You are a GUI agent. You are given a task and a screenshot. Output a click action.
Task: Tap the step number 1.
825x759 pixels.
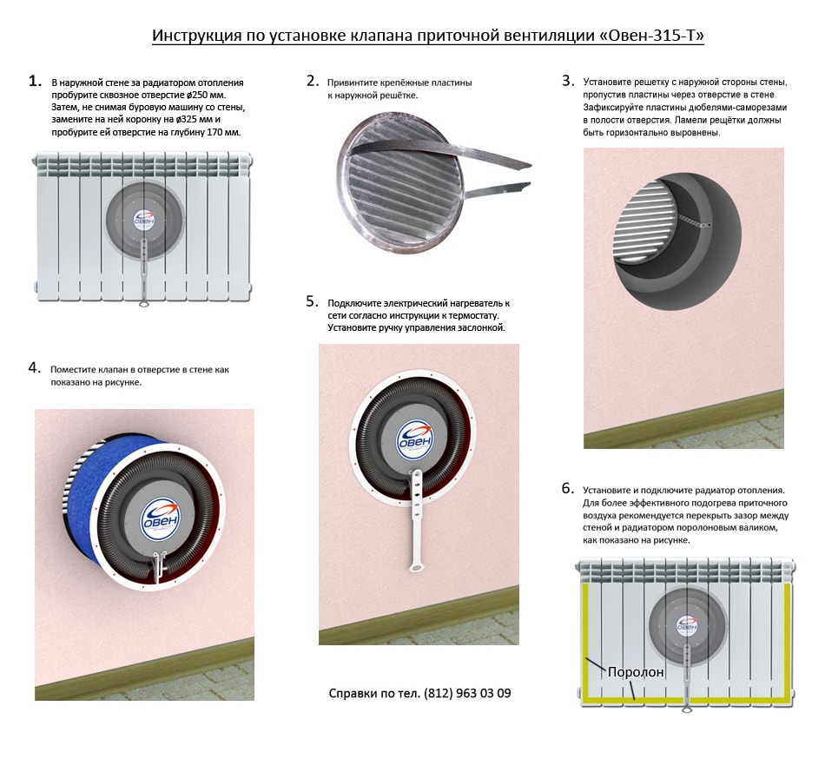35,81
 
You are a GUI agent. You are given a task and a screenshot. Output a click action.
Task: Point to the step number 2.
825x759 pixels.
313,81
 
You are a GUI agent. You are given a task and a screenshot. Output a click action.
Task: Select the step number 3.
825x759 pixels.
568,81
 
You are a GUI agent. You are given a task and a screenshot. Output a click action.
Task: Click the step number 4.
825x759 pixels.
35,367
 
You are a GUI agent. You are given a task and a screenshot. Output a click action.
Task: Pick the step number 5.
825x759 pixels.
313,301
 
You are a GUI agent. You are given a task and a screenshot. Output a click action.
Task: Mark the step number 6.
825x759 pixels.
568,488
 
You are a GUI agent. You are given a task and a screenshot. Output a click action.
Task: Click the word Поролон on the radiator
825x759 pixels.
637,671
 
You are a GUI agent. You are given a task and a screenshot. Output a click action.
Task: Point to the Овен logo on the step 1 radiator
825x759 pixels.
143,218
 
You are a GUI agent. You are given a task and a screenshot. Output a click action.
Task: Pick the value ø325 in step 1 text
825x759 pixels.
189,119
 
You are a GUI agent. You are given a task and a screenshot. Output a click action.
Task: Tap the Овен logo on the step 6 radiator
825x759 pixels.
687,624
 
